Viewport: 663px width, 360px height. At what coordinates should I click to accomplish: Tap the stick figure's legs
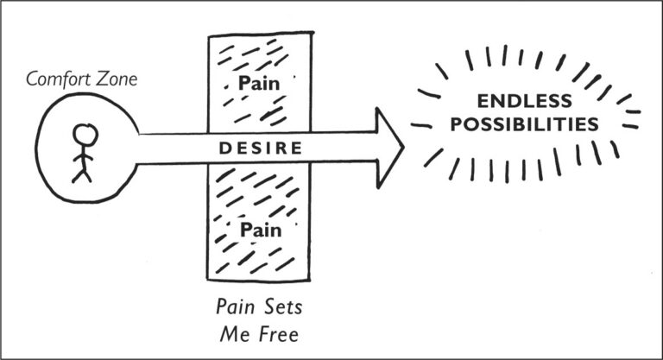pos(81,173)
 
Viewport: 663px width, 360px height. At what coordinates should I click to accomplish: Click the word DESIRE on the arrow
pos(260,148)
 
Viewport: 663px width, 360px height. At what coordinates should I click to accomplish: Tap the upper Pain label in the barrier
pos(259,84)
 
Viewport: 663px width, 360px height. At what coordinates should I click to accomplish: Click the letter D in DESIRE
pos(223,148)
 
